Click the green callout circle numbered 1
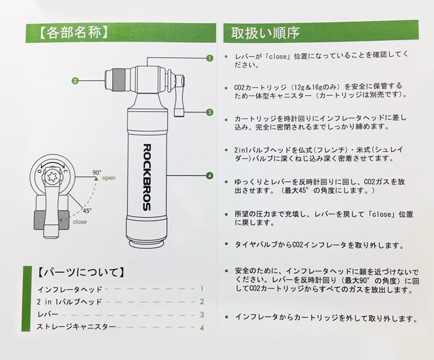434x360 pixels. point(209,58)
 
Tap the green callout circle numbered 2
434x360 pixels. point(75,81)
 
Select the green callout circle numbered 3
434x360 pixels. point(209,112)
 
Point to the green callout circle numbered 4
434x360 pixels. point(209,176)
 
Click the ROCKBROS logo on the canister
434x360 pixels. point(147,177)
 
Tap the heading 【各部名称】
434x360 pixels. point(73,33)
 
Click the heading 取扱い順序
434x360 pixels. point(265,33)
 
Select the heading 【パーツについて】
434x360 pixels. point(80,272)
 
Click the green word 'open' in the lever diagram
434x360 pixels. point(109,178)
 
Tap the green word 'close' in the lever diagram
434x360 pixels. point(80,222)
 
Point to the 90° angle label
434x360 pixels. point(97,172)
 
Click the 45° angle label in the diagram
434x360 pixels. point(87,211)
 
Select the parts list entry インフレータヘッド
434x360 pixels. point(70,290)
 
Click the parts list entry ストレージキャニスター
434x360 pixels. point(76,327)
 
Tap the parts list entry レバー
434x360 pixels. point(48,314)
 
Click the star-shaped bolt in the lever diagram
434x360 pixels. point(52,177)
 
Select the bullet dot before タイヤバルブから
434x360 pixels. point(227,244)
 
